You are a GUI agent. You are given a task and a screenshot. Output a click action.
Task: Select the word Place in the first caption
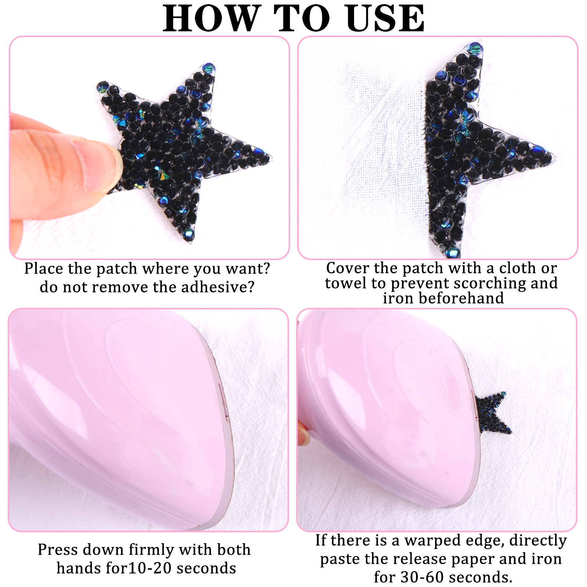coord(44,269)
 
